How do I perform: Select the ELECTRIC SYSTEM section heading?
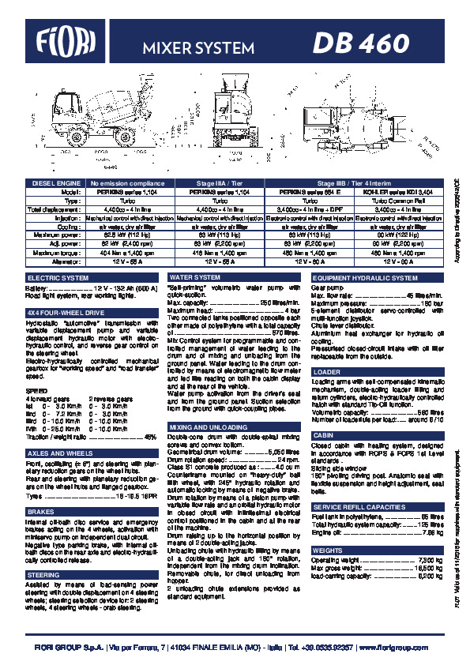pyautogui.click(x=59, y=278)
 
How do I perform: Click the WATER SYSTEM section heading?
pyautogui.click(x=196, y=278)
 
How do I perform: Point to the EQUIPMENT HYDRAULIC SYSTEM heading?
pyautogui.click(x=365, y=278)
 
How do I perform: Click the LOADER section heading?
pyautogui.click(x=327, y=371)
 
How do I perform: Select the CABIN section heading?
pyautogui.click(x=323, y=435)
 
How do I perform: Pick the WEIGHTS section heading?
pyautogui.click(x=328, y=550)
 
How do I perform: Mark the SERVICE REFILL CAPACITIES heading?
pyautogui.click(x=359, y=506)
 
